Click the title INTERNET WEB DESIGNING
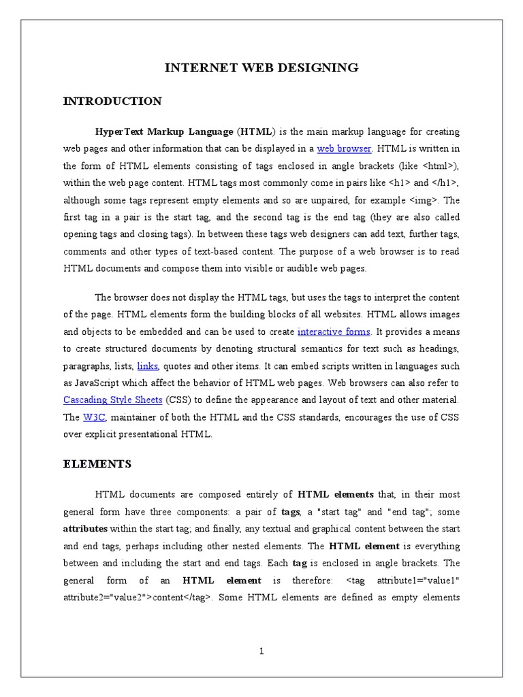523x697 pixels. pyautogui.click(x=261, y=67)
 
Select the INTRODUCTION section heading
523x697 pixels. pyautogui.click(x=112, y=101)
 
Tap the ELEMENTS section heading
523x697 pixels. pyautogui.click(x=97, y=464)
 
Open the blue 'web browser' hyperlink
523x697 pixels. pyautogui.click(x=344, y=148)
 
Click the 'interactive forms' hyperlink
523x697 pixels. pyautogui.click(x=334, y=331)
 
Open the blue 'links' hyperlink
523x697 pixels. pyautogui.click(x=148, y=366)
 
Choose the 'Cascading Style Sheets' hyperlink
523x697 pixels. pyautogui.click(x=112, y=400)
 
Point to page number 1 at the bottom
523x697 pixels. pyautogui.click(x=261, y=651)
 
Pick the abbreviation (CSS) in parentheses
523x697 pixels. pyautogui.click(x=177, y=400)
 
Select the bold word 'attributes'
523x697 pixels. pyautogui.click(x=85, y=529)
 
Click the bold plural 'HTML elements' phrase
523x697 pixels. pyautogui.click(x=336, y=495)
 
